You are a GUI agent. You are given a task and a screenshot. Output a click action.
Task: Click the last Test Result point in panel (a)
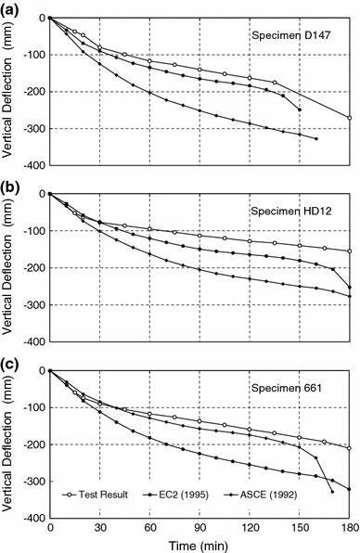[x=350, y=118]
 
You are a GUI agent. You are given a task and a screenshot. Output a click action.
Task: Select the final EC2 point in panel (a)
[x=299, y=109]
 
